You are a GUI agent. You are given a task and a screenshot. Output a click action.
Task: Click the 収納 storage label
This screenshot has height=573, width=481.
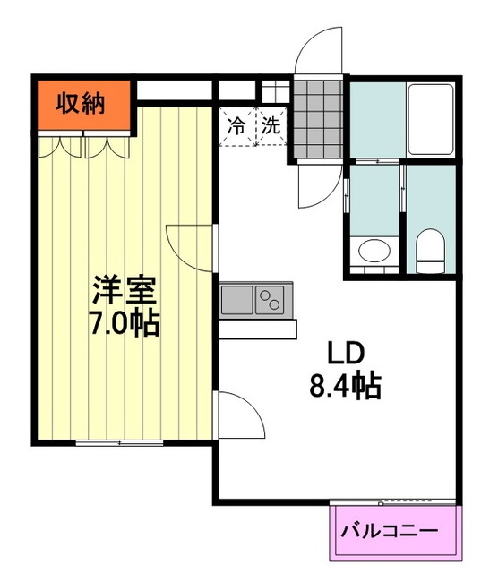pos(81,104)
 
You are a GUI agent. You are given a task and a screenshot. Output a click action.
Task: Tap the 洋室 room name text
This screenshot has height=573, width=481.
pos(125,290)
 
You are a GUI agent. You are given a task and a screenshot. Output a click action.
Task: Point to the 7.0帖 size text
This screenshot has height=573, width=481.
pos(125,324)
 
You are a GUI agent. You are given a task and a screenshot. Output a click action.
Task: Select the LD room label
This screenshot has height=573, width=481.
pos(346,355)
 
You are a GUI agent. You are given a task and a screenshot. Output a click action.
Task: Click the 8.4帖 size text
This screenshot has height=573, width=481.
pos(346,386)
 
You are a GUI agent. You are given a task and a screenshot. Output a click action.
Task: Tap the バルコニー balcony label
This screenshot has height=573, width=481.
pos(389,531)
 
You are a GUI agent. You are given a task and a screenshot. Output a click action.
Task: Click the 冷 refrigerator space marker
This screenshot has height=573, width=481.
pos(236,126)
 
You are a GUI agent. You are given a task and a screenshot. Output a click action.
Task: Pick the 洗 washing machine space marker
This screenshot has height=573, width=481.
pos(271,126)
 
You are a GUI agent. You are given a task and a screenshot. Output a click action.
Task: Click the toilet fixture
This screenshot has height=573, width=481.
pos(431,251)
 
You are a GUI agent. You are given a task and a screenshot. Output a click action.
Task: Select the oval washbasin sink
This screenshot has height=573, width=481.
pos(374,251)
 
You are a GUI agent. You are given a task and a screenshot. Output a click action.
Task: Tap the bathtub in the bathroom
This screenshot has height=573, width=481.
pos(431,119)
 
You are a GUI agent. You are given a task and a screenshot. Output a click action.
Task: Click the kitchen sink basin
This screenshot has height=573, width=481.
pos(236,300)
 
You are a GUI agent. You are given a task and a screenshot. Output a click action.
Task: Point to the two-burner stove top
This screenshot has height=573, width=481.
pos(270,300)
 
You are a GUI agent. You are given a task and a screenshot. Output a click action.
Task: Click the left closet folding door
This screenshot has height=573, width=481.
pos(60,146)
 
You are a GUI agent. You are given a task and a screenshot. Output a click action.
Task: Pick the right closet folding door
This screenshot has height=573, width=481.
pos(107,146)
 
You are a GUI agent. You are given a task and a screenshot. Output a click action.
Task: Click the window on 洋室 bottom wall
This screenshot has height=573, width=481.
pos(119,443)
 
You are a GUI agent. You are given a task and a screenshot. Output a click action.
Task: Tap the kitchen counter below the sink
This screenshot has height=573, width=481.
pos(258,329)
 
